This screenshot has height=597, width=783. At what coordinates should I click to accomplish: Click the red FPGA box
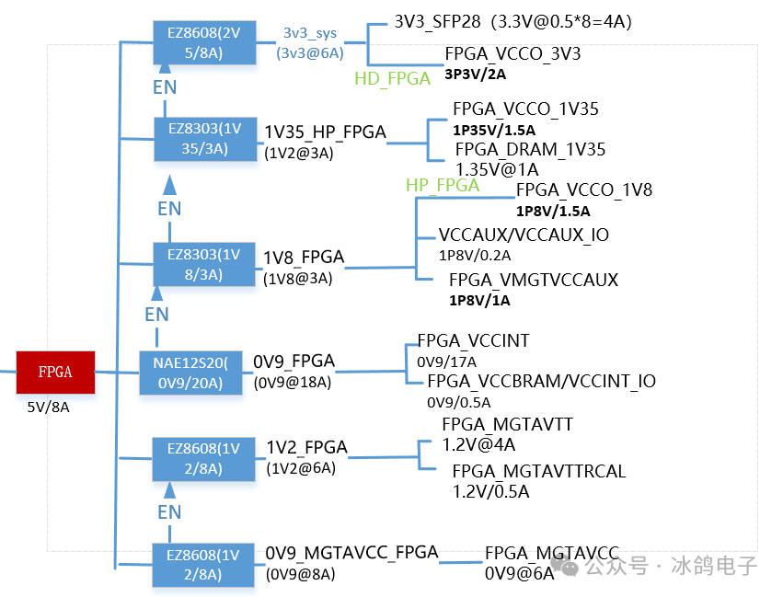coord(55,372)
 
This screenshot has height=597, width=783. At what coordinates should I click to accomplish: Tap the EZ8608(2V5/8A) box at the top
coord(203,42)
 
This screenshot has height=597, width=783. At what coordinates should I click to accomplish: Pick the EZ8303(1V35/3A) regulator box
coord(204,139)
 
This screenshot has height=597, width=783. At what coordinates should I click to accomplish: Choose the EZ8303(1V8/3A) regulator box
coord(203,264)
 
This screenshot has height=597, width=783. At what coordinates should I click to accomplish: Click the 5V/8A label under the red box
coord(49,407)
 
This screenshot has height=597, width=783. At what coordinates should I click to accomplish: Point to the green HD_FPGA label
coord(392,79)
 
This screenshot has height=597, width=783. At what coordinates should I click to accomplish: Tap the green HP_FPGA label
coord(443,186)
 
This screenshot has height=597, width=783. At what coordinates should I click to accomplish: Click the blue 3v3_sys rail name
coord(310,33)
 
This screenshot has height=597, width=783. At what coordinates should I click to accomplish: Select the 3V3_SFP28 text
coord(438,20)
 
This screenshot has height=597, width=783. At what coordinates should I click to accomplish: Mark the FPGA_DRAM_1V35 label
coord(530,149)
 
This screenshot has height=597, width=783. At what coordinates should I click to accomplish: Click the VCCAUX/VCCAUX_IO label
coord(524,235)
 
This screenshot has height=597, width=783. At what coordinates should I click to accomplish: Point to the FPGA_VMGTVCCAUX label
coord(534,280)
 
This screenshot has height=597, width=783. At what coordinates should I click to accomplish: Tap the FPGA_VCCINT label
coord(473,341)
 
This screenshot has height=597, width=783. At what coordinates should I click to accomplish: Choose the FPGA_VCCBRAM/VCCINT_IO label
coord(541,381)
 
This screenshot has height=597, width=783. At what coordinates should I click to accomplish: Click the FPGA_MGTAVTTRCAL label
coord(539,471)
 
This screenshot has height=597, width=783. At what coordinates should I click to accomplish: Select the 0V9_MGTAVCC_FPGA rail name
coord(351,553)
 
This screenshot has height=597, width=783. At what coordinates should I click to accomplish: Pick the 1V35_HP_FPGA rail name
coord(325,132)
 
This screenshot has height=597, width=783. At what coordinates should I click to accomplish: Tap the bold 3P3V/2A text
coord(476,74)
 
